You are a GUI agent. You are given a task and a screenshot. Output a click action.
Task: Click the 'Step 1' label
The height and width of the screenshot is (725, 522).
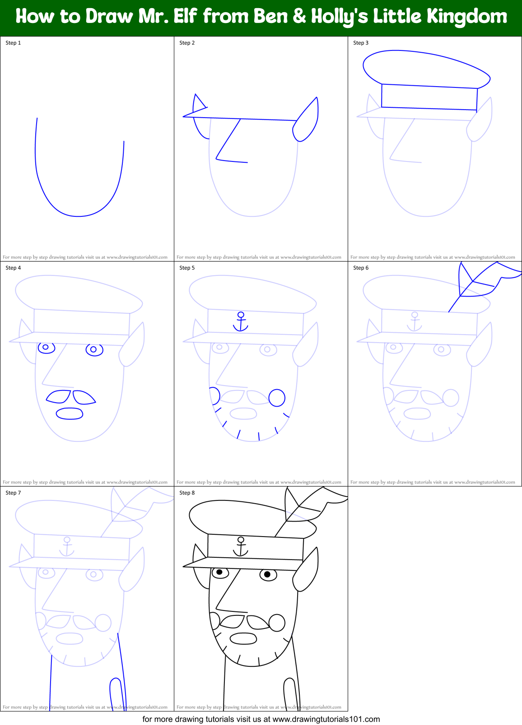pos(13,43)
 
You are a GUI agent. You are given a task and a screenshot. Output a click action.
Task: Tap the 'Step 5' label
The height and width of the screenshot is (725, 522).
pos(187,268)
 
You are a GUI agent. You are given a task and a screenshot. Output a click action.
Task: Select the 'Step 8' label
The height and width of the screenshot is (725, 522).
pos(187,493)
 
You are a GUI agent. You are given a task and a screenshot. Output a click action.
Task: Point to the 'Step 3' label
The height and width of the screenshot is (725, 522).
pos(361,43)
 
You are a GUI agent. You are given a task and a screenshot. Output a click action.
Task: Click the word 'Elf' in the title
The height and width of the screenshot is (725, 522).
pos(185,17)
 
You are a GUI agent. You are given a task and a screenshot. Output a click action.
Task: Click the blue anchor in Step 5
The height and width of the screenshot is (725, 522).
pos(241,321)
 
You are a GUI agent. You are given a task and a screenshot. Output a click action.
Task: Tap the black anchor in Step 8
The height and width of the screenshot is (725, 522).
pos(241,546)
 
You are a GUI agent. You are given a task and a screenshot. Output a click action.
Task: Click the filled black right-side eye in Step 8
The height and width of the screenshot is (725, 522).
pos(268,574)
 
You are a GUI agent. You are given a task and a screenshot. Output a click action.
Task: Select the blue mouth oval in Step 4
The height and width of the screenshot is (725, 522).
pos(70,413)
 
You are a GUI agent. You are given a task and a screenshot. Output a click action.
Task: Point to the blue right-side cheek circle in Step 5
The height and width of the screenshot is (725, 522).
pos(277,398)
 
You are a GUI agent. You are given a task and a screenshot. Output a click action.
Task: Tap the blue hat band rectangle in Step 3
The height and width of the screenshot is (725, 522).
pos(429,97)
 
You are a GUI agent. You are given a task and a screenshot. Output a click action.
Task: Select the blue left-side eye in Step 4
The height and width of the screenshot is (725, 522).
pos(46,347)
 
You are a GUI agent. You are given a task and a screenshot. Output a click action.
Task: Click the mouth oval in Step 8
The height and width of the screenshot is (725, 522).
pos(243,638)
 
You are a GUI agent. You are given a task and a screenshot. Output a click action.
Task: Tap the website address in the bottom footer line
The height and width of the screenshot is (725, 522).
pos(326,719)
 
